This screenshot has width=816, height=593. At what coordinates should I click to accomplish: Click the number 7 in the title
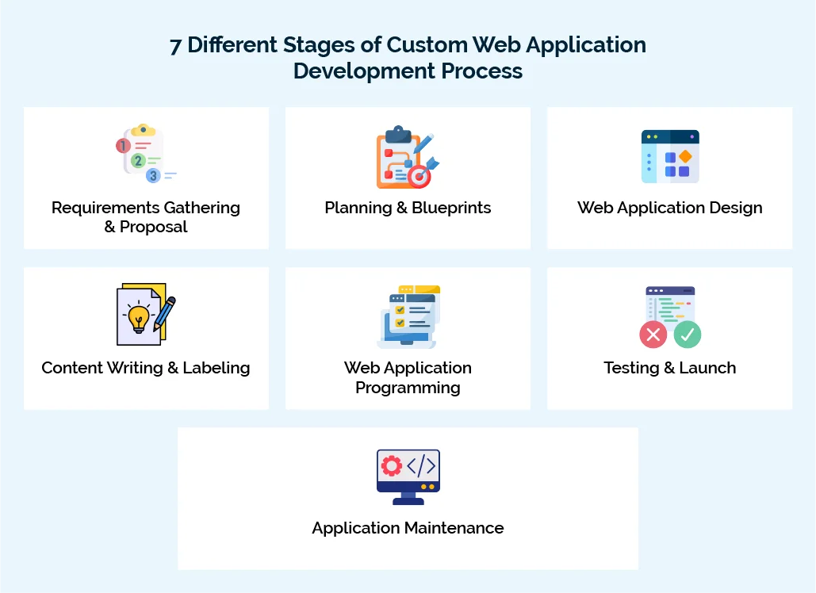(175, 46)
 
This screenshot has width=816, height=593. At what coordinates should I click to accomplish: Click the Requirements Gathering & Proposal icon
(146, 154)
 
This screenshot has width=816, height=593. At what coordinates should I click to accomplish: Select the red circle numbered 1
(123, 146)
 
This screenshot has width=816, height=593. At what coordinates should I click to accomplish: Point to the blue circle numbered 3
(153, 175)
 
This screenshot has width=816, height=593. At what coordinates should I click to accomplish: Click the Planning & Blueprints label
(408, 208)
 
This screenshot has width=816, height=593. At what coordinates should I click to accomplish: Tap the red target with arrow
(419, 176)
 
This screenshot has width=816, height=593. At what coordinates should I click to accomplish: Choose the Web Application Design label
(669, 208)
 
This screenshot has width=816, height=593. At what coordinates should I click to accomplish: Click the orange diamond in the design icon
(684, 156)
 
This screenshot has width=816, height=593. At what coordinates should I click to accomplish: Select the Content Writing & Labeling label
(146, 368)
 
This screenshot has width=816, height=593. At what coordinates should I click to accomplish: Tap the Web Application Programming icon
(408, 316)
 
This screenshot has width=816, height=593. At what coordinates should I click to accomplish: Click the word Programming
(408, 388)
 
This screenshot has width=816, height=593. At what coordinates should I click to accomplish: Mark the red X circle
(653, 335)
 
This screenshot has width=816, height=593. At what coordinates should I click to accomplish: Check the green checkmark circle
(687, 335)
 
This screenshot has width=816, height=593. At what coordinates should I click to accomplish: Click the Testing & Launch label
(669, 368)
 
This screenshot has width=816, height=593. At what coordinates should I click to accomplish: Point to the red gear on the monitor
(392, 465)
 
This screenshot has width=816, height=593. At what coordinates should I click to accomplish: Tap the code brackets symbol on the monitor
(421, 465)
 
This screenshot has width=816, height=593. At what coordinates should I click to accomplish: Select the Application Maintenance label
(408, 528)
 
